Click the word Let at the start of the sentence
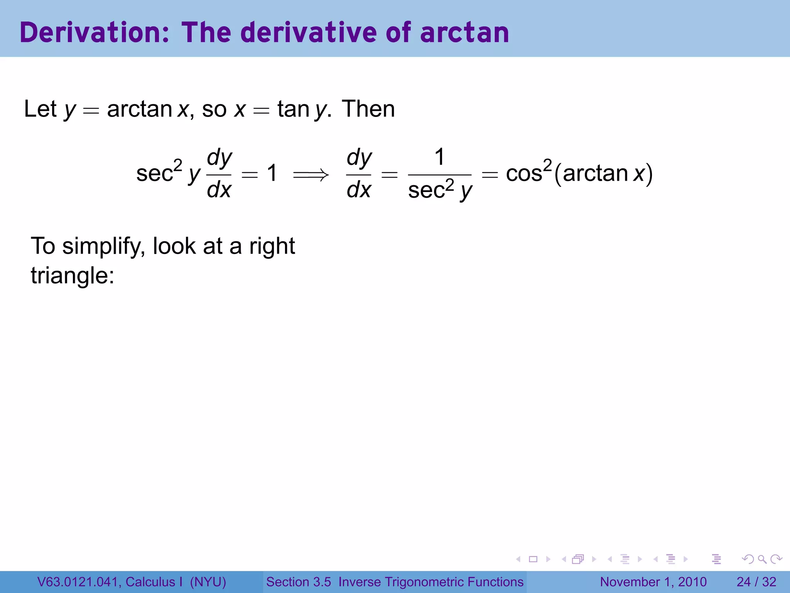pyautogui.click(x=40, y=109)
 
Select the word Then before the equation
pyautogui.click(x=368, y=109)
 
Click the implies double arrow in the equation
pyautogui.click(x=311, y=175)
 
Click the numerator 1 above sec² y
pyautogui.click(x=439, y=157)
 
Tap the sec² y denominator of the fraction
pyautogui.click(x=440, y=190)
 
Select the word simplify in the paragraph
pyautogui.click(x=103, y=246)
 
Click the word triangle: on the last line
pyautogui.click(x=73, y=276)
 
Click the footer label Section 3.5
pyautogui.click(x=298, y=582)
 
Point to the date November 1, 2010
pyautogui.click(x=653, y=582)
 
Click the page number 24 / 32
pyautogui.click(x=756, y=582)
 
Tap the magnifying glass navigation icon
pyautogui.click(x=762, y=559)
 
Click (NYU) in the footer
pyautogui.click(x=208, y=582)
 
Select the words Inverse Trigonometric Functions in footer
pyautogui.click(x=431, y=582)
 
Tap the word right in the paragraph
pyautogui.click(x=272, y=246)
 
